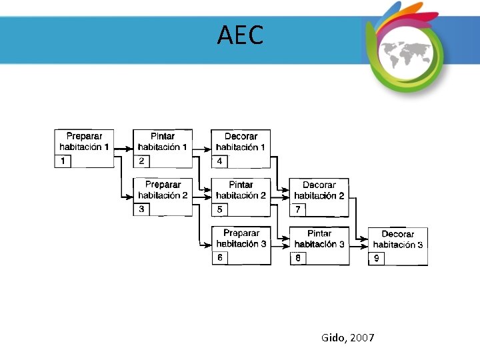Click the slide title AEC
click(240, 35)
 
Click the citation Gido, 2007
click(347, 338)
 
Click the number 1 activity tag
click(63, 161)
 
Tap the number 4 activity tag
click(220, 161)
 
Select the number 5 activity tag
click(220, 210)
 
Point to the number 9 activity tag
click(377, 259)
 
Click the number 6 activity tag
click(220, 258)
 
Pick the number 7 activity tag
click(298, 210)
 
